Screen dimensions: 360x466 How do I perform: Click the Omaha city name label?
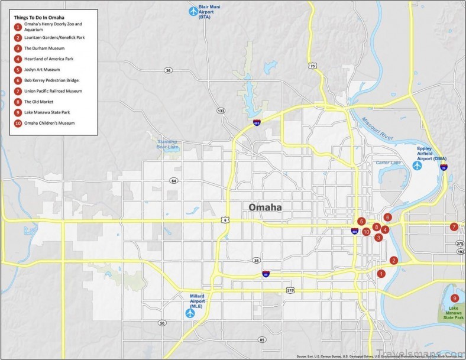(264, 207)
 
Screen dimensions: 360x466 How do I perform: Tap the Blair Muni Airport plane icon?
(193, 10)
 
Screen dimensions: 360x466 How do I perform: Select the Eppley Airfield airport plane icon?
(418, 166)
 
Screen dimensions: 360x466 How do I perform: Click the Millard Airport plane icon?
(190, 313)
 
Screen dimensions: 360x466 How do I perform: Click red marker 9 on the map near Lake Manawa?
(454, 298)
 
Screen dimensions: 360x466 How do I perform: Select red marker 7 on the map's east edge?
(454, 226)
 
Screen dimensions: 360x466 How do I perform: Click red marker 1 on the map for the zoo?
(381, 274)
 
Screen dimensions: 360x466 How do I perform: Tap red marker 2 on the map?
(394, 260)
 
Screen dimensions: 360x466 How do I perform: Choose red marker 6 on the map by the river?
(387, 218)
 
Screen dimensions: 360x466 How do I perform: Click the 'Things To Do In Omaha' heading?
(39, 17)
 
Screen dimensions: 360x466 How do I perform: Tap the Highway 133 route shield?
(221, 111)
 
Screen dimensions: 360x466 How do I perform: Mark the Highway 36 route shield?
(169, 70)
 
